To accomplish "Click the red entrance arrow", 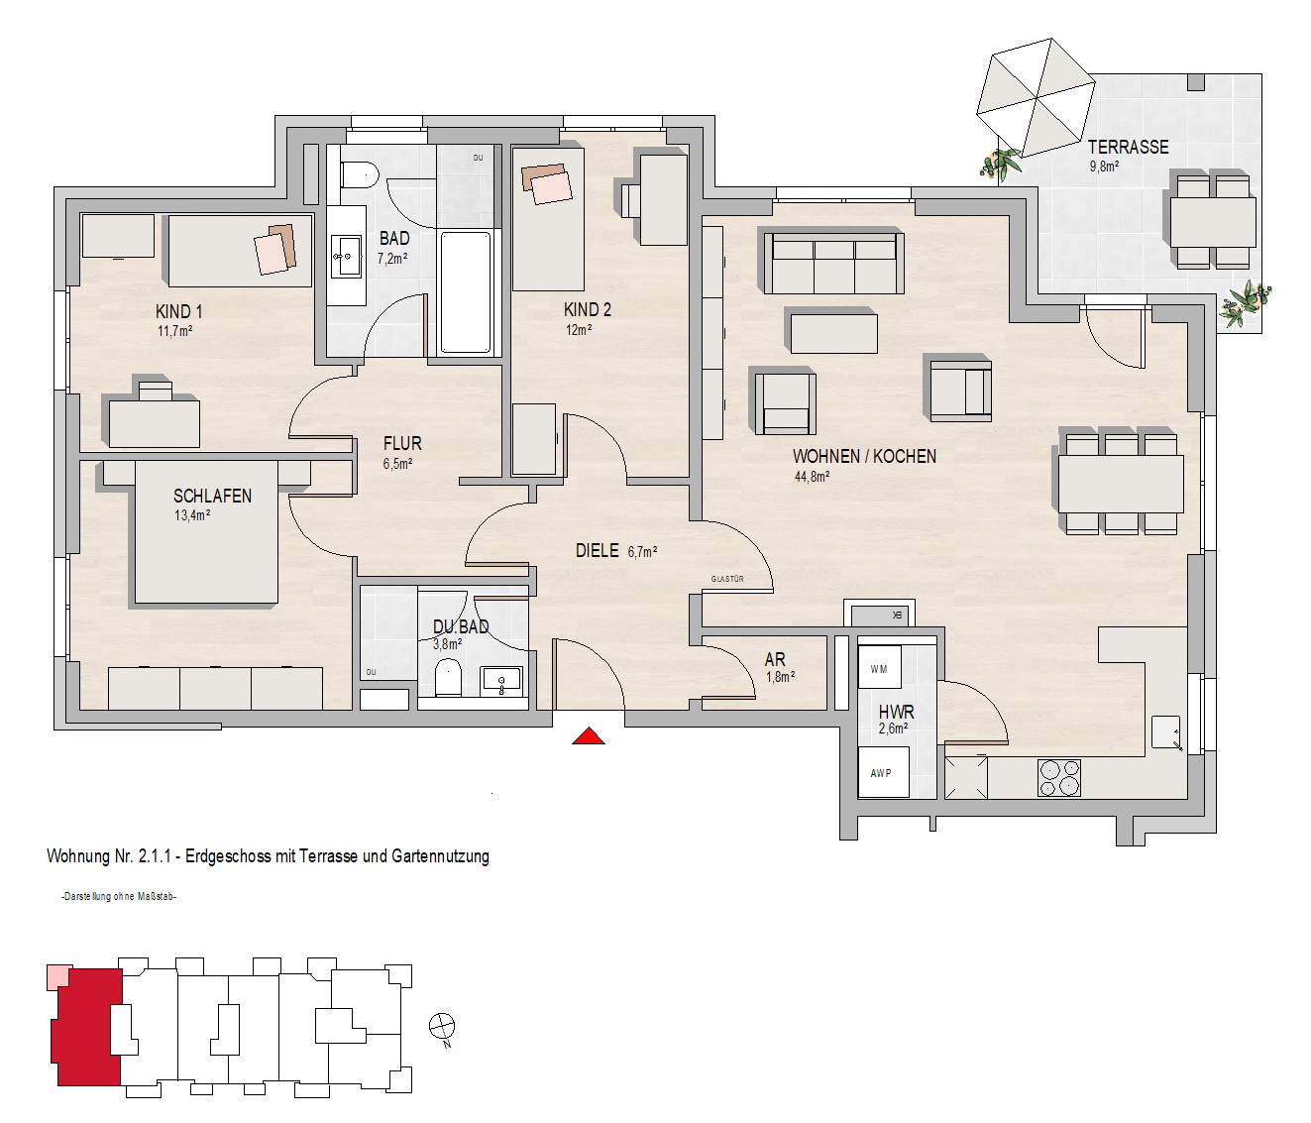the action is coord(588,736).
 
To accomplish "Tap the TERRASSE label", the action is coord(1129,148).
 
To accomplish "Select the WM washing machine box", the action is coord(880,667).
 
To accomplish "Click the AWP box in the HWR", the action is coord(883,772).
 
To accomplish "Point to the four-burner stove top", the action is coord(1059,778).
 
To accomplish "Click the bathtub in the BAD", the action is coord(466,291).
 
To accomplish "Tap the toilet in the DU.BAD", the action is coord(449,677).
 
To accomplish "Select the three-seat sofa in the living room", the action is coord(834,263).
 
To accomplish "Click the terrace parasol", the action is coord(1036,98).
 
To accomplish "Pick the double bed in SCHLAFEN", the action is coord(206,531).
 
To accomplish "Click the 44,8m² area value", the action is coord(812,476).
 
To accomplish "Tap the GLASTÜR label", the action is coord(727,579).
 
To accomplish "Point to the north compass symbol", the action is coord(442,1025).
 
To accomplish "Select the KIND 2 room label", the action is coord(588,310).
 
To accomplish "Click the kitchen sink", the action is coord(1165,730).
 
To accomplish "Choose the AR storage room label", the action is coord(775,659).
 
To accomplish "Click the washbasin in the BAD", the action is coord(346,257).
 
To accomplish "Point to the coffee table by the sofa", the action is coord(834,329).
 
